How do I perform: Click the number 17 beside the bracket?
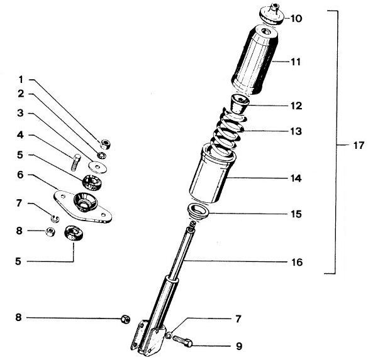click(x=359, y=145)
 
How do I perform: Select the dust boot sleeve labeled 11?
click(x=255, y=60)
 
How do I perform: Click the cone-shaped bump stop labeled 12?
click(x=240, y=104)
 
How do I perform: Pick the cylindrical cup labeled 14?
click(x=213, y=175)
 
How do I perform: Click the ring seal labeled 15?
click(x=198, y=210)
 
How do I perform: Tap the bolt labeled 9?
click(x=182, y=341)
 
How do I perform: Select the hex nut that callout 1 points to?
click(x=105, y=144)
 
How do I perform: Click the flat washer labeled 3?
click(x=97, y=166)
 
